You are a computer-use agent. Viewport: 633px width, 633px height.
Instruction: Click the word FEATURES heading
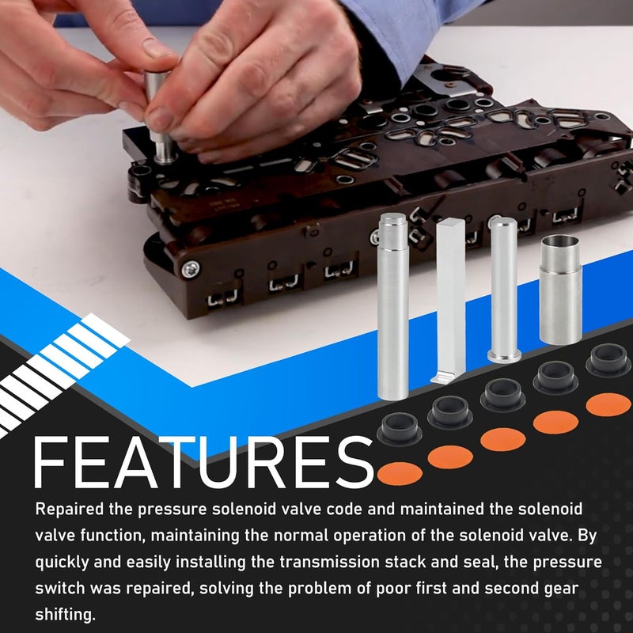(x=204, y=463)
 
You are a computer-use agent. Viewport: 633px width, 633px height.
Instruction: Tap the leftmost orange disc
(x=400, y=474)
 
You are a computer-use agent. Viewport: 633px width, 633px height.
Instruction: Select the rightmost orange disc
(x=608, y=404)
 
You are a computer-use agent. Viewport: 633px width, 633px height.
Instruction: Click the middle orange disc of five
(x=503, y=440)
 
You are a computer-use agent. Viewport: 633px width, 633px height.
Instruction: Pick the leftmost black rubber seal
(x=400, y=429)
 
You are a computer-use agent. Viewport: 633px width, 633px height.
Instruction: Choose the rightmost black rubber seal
(x=608, y=360)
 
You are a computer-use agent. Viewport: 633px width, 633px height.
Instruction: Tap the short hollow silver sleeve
(x=561, y=290)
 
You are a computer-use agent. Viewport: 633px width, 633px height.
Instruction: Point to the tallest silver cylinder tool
(x=392, y=306)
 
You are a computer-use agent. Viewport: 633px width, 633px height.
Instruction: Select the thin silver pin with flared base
(x=504, y=290)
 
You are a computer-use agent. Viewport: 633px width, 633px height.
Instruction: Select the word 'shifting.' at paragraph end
(x=65, y=615)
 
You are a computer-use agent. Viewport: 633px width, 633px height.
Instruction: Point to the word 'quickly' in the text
(x=62, y=563)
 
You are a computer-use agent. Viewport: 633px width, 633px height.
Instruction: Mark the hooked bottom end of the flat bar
(x=442, y=378)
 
